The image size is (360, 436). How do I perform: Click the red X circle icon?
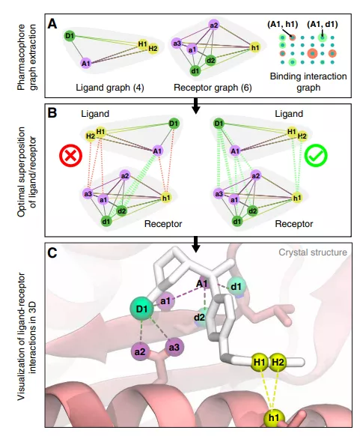point(71,155)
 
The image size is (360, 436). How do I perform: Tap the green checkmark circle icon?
point(316,155)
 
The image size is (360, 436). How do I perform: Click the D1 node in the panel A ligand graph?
point(70,36)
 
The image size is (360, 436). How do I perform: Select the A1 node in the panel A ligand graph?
point(86,64)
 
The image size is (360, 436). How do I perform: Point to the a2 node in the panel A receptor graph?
point(214,25)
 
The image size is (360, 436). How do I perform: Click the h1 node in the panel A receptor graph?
point(255,48)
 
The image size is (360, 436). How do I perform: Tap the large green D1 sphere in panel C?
point(142,309)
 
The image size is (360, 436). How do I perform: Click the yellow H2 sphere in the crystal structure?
point(278,363)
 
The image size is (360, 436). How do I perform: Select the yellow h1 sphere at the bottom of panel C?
point(274,418)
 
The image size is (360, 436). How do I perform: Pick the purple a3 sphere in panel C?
point(174,348)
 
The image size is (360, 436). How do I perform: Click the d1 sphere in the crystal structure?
point(236,287)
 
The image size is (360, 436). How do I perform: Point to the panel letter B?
point(52,113)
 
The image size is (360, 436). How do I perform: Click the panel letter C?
point(52,252)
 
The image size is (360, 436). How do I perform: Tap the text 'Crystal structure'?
point(313,252)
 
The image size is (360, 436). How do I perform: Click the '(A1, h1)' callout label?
point(282,25)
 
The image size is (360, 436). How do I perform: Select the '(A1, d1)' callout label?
point(323,25)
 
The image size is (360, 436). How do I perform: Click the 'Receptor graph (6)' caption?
point(213,88)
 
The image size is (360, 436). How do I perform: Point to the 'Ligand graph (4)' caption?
point(110,88)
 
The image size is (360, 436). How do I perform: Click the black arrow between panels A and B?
point(196,106)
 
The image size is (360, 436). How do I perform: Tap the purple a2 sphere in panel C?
point(140,352)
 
